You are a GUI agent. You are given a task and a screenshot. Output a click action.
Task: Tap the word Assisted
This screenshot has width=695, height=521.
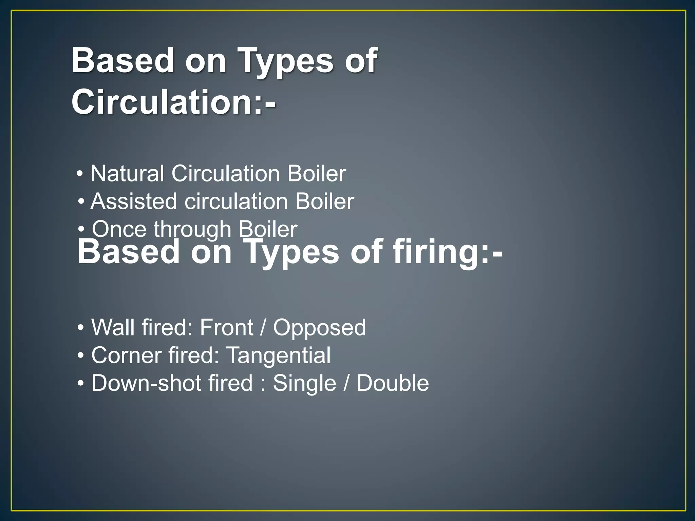(x=134, y=201)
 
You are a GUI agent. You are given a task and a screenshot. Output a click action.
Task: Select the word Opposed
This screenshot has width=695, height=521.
(x=319, y=328)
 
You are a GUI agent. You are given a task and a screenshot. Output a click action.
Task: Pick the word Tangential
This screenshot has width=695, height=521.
(x=278, y=356)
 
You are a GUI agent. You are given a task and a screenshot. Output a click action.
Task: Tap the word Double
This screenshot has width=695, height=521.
(x=393, y=383)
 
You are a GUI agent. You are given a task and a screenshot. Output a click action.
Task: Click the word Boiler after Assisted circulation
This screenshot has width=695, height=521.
(x=324, y=201)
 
